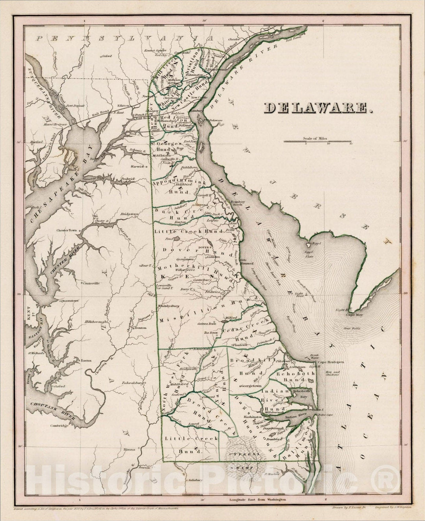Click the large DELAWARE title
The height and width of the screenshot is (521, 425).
318,108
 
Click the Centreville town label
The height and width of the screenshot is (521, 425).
91,283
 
